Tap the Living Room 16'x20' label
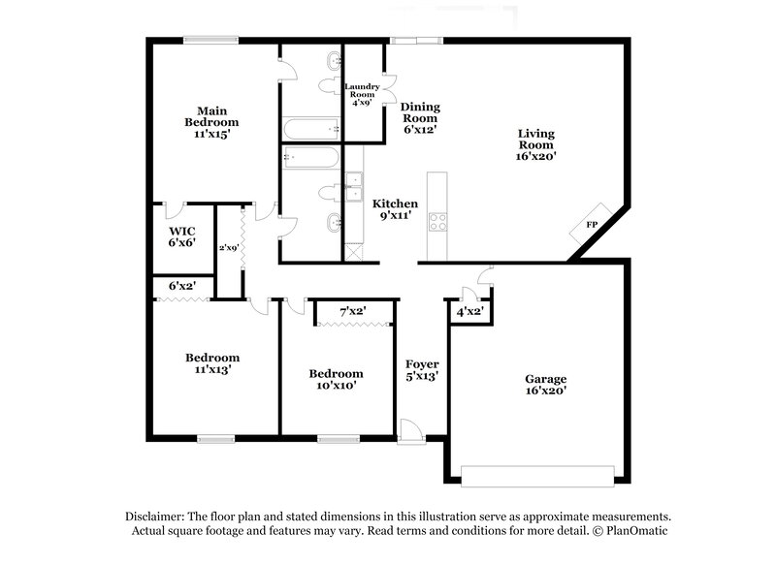[x=535, y=142]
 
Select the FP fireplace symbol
[x=591, y=225]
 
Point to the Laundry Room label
[x=361, y=94]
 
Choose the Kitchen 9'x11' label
[x=396, y=210]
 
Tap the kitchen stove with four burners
[x=436, y=220]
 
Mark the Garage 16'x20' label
[x=546, y=385]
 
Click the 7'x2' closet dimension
[x=353, y=312]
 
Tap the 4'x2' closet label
[x=470, y=312]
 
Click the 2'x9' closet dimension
[x=228, y=249]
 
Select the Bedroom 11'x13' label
[x=212, y=363]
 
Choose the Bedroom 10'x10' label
[x=336, y=379]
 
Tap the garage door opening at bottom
[x=537, y=476]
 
